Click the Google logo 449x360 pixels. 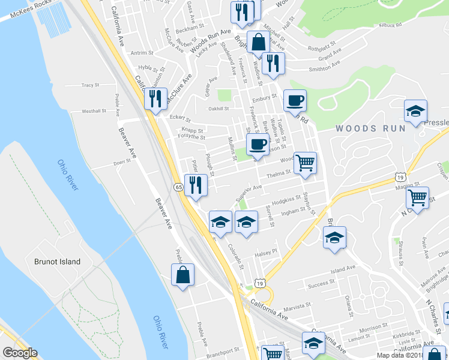(19, 353)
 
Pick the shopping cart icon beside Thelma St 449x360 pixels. (306, 162)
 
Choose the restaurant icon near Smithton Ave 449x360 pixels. (273, 62)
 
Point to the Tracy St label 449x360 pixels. (90, 85)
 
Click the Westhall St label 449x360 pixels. (94, 111)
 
